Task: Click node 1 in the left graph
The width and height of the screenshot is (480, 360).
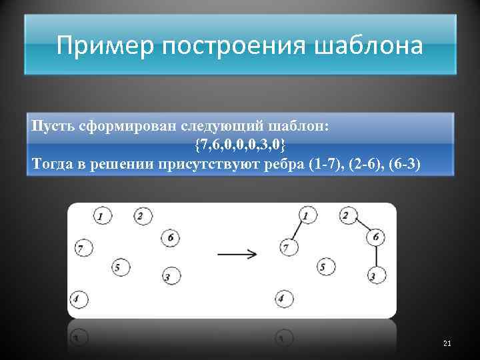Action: [x=102, y=216]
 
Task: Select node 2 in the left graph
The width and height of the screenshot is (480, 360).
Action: [x=142, y=216]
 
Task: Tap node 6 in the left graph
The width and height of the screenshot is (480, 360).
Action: [x=171, y=237]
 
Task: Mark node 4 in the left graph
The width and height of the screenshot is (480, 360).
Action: [x=78, y=299]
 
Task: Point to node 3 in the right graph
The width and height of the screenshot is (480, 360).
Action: [x=375, y=275]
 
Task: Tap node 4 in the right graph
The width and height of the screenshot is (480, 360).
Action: [x=283, y=299]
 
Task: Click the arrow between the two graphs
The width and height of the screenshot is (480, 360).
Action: [x=237, y=253]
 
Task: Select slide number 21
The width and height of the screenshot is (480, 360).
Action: [x=447, y=343]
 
